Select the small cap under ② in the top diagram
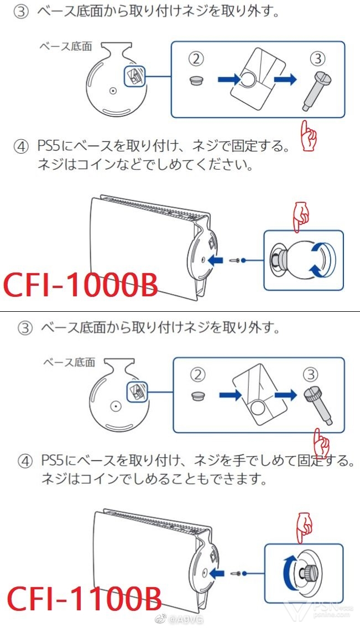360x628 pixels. [x=196, y=81]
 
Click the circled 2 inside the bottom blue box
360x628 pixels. [x=199, y=374]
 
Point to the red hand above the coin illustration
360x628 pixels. [x=302, y=216]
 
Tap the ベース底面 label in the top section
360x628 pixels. [x=65, y=46]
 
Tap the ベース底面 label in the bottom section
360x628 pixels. [x=69, y=362]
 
